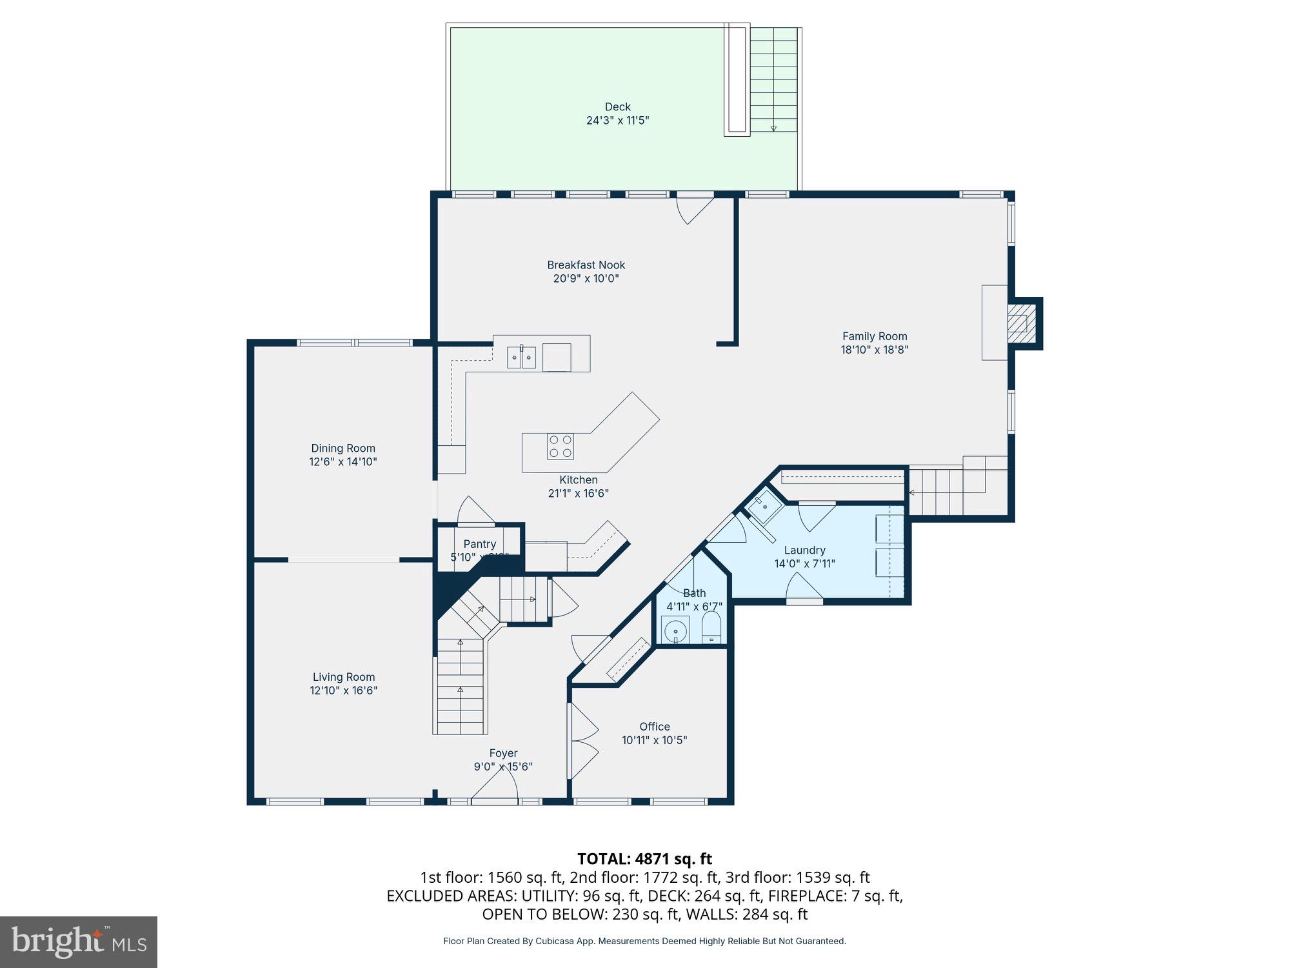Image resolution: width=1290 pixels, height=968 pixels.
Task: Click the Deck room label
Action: [x=617, y=107]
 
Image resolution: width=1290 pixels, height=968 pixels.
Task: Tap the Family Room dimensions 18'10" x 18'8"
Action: [x=874, y=350]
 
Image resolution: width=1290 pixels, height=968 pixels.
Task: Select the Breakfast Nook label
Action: [x=586, y=265]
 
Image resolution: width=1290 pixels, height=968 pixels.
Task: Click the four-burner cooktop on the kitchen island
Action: [x=561, y=447]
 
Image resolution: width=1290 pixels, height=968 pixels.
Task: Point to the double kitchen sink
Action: [x=521, y=357]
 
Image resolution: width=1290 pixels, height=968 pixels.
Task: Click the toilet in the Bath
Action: [x=711, y=627]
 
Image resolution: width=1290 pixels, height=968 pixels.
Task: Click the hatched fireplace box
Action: [x=1017, y=323]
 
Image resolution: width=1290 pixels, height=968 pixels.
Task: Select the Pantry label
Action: [x=479, y=544]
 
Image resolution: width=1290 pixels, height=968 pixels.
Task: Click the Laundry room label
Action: [x=804, y=550]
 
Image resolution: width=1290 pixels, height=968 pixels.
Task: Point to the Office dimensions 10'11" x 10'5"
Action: [x=654, y=740]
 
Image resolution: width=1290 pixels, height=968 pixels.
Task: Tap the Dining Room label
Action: [x=342, y=449]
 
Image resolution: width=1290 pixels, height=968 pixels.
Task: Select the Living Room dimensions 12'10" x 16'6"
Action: [x=343, y=691]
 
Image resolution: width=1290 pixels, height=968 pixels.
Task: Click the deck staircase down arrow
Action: [x=773, y=128]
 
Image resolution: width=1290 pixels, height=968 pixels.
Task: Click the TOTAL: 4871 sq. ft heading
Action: [x=644, y=859]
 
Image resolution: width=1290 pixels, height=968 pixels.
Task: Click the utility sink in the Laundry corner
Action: [x=765, y=506]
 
